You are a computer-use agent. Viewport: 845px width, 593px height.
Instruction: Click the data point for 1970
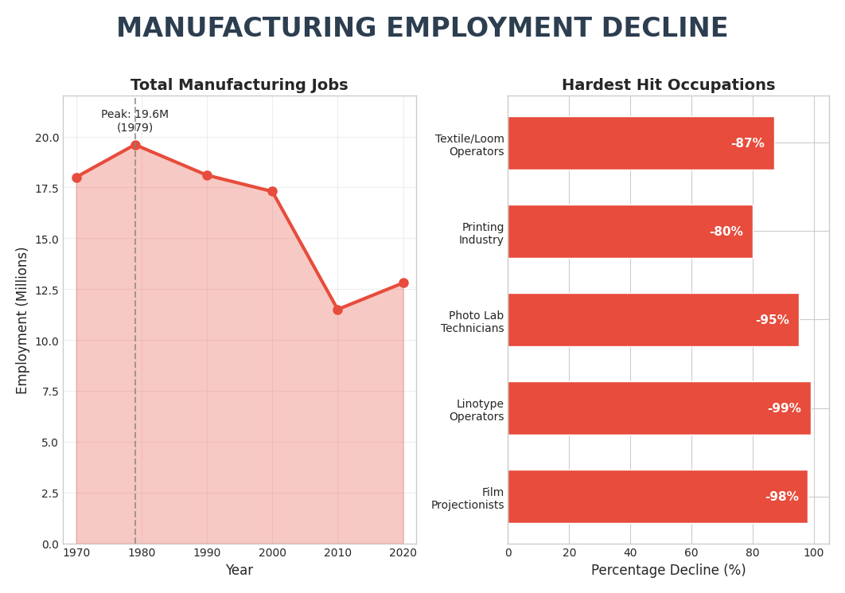tap(76, 178)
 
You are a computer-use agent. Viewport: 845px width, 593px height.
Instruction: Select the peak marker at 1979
tap(135, 145)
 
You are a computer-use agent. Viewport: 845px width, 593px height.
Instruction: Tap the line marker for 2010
tap(337, 310)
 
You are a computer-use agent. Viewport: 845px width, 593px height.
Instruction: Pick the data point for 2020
tap(403, 283)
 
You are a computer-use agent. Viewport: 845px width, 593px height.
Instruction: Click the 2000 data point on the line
tap(272, 191)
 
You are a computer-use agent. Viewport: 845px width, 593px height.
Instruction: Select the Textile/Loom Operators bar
tap(641, 143)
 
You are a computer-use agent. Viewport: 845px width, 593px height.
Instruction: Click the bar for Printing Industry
tap(629, 232)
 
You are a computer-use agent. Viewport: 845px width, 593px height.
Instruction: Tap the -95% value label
tap(772, 320)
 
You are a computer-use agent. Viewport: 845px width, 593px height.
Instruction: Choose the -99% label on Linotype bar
tap(784, 408)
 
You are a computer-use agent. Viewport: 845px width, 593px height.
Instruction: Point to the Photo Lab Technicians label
tap(472, 322)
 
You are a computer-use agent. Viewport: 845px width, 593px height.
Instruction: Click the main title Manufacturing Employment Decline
tap(422, 29)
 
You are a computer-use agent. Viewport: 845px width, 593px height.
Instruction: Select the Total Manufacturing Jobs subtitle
tap(239, 85)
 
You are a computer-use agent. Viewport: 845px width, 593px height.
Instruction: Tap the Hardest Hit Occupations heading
tap(668, 85)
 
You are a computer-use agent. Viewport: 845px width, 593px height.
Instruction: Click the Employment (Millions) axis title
tap(22, 320)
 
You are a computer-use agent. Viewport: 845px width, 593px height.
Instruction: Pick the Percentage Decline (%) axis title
tap(668, 570)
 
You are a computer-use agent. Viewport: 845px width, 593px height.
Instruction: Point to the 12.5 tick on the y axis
tap(47, 291)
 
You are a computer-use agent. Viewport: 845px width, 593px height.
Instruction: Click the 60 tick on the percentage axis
tap(691, 552)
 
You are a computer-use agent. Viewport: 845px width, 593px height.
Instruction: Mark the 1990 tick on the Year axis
tap(207, 552)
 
